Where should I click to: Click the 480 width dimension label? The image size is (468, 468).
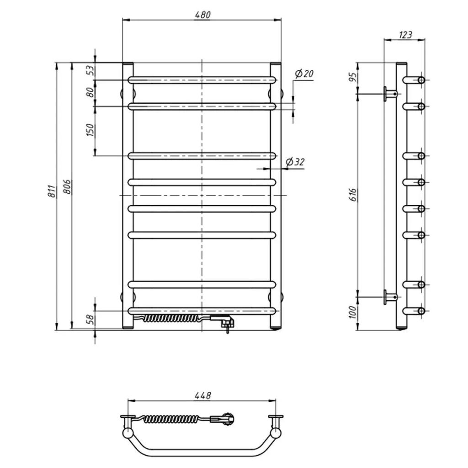tap(202, 15)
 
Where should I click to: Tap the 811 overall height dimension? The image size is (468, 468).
tap(52, 191)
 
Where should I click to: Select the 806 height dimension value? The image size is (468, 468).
tap(67, 187)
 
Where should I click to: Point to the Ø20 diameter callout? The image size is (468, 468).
tap(304, 74)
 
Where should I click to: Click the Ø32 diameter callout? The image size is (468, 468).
tap(295, 162)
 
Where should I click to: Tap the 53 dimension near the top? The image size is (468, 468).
tap(90, 70)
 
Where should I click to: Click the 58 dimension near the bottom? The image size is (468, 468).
tap(90, 319)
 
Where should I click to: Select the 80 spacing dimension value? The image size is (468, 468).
tap(90, 92)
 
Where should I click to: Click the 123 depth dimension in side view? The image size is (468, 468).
tap(405, 35)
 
